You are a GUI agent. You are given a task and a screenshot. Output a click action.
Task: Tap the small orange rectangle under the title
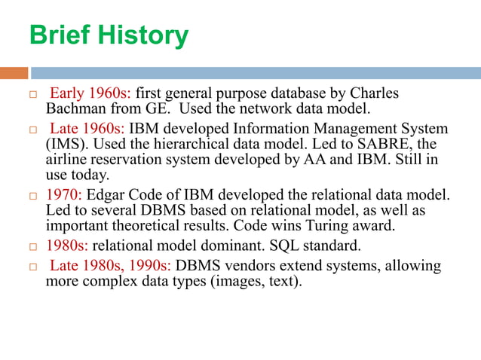coord(14,73)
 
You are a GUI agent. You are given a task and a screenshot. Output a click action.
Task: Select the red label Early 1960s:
coord(90,94)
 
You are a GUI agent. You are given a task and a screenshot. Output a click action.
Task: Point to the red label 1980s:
coord(67,245)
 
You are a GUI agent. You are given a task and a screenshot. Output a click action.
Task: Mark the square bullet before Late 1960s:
coord(32,130)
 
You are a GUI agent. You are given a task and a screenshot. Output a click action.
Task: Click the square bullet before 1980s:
coord(32,246)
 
